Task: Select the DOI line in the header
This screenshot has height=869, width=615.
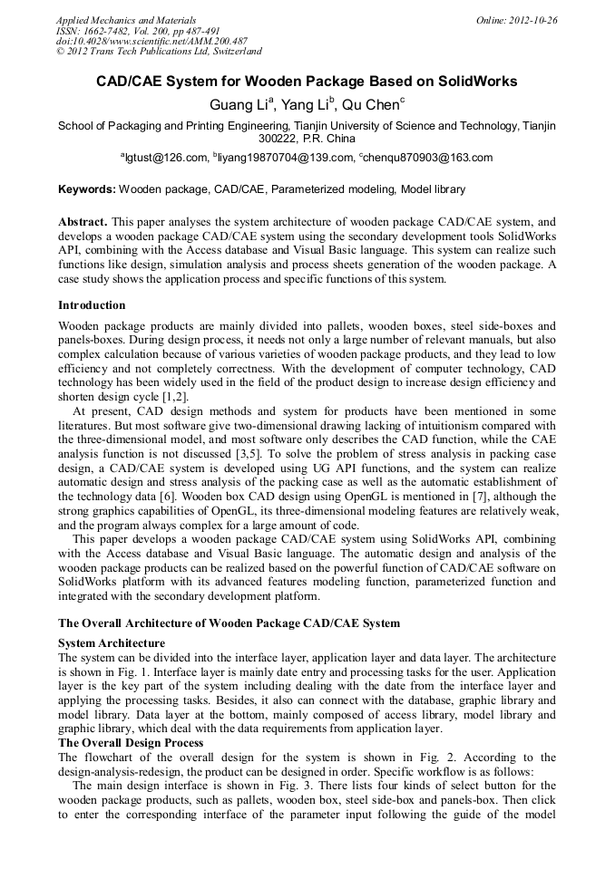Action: (x=151, y=42)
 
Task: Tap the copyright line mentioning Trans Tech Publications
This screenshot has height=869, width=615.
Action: (x=159, y=53)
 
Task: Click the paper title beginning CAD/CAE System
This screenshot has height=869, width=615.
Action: (x=307, y=82)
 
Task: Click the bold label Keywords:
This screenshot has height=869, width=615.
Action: (x=87, y=189)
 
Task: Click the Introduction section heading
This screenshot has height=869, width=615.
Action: (x=92, y=305)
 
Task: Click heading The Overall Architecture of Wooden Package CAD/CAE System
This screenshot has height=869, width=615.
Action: (x=229, y=623)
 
